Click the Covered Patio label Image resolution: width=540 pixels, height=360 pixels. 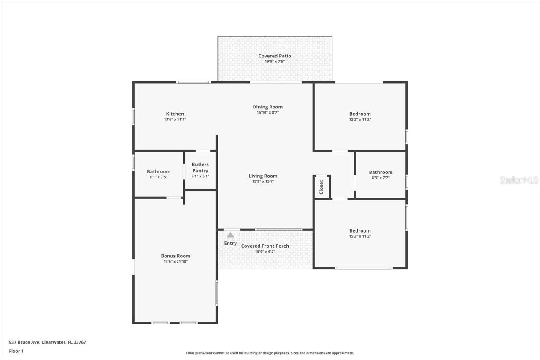tap(275, 56)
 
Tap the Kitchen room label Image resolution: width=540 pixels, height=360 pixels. tap(175, 114)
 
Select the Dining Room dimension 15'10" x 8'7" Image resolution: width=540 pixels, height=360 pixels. tap(267, 113)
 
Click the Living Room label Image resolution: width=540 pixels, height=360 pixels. tap(263, 176)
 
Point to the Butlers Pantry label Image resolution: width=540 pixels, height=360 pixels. tap(200, 168)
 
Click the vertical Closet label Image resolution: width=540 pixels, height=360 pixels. tap(321, 187)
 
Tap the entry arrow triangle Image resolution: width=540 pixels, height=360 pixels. tap(230, 235)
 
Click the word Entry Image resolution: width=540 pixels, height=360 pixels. tap(230, 243)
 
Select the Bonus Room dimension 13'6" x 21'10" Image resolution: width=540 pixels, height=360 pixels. tap(175, 262)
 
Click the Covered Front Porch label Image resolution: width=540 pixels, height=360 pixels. tap(265, 246)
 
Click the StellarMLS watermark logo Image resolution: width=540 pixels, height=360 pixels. tap(519, 180)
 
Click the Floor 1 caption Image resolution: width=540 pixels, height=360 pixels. tap(16, 351)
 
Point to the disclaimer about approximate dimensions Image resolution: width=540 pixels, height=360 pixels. tap(270, 353)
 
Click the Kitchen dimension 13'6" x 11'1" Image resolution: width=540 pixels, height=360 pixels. tap(175, 119)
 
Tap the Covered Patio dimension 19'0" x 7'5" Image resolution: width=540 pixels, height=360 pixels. tap(275, 62)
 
